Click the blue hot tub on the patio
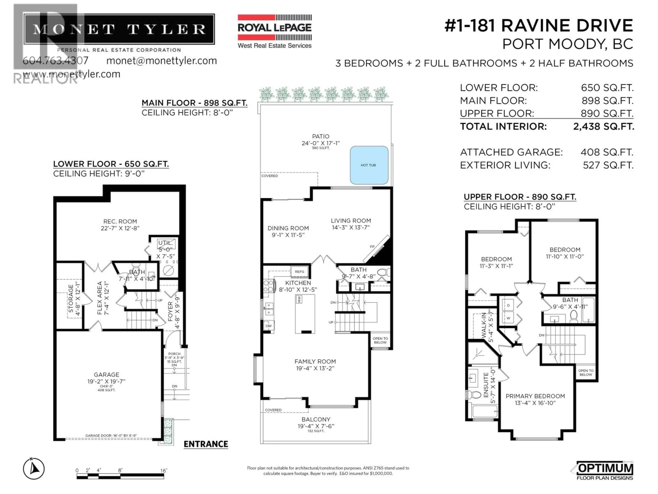click(369, 165)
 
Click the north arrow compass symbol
click(34, 469)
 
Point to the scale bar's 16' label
click(164, 471)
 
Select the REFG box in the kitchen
click(300, 272)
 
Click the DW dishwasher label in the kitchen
click(269, 326)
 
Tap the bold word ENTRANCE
click(206, 444)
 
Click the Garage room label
click(106, 375)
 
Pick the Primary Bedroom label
click(535, 396)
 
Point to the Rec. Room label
click(120, 221)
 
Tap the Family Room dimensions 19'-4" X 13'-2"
click(315, 368)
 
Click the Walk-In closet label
click(484, 325)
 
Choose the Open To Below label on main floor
click(380, 340)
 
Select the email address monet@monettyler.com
click(162, 61)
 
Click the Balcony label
click(316, 419)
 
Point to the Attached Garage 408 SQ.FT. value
click(607, 152)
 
